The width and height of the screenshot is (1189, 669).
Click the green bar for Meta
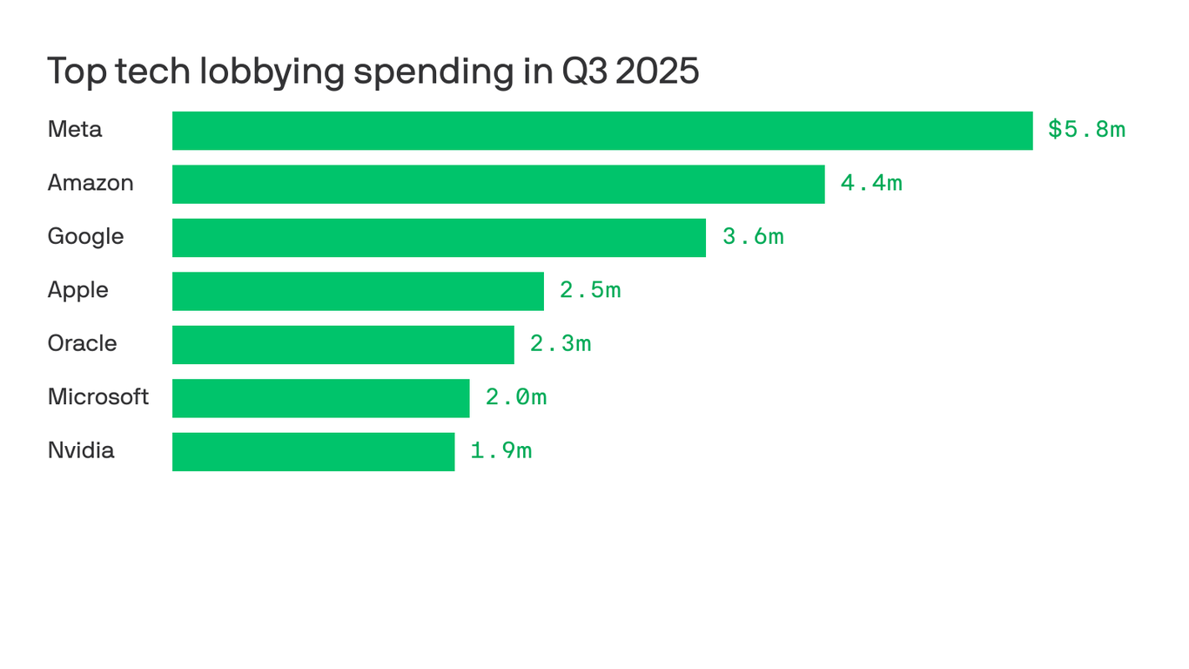click(x=602, y=131)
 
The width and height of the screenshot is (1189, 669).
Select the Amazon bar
click(x=498, y=184)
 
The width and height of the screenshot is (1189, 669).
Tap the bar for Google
click(x=439, y=238)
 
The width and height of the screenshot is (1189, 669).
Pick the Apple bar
click(x=358, y=291)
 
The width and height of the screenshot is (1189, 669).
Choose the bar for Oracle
click(x=343, y=345)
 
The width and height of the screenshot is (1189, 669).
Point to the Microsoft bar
click(x=320, y=398)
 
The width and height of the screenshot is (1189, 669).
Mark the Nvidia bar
click(x=313, y=452)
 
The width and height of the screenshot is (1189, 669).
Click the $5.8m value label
click(x=1086, y=130)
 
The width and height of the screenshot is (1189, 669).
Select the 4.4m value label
click(x=871, y=183)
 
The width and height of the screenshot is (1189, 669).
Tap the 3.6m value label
click(x=753, y=237)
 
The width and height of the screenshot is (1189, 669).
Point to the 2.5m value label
click(x=590, y=290)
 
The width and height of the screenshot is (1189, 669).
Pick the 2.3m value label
click(x=561, y=344)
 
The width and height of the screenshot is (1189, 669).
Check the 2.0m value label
click(x=516, y=397)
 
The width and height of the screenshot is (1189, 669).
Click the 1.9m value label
click(x=501, y=451)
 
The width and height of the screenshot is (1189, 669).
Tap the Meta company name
click(x=75, y=130)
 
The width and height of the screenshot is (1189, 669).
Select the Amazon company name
click(x=91, y=183)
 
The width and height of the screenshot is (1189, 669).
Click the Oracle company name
click(x=82, y=343)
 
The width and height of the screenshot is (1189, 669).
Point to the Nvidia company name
click(x=81, y=450)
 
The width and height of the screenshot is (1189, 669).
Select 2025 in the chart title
click(x=657, y=71)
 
